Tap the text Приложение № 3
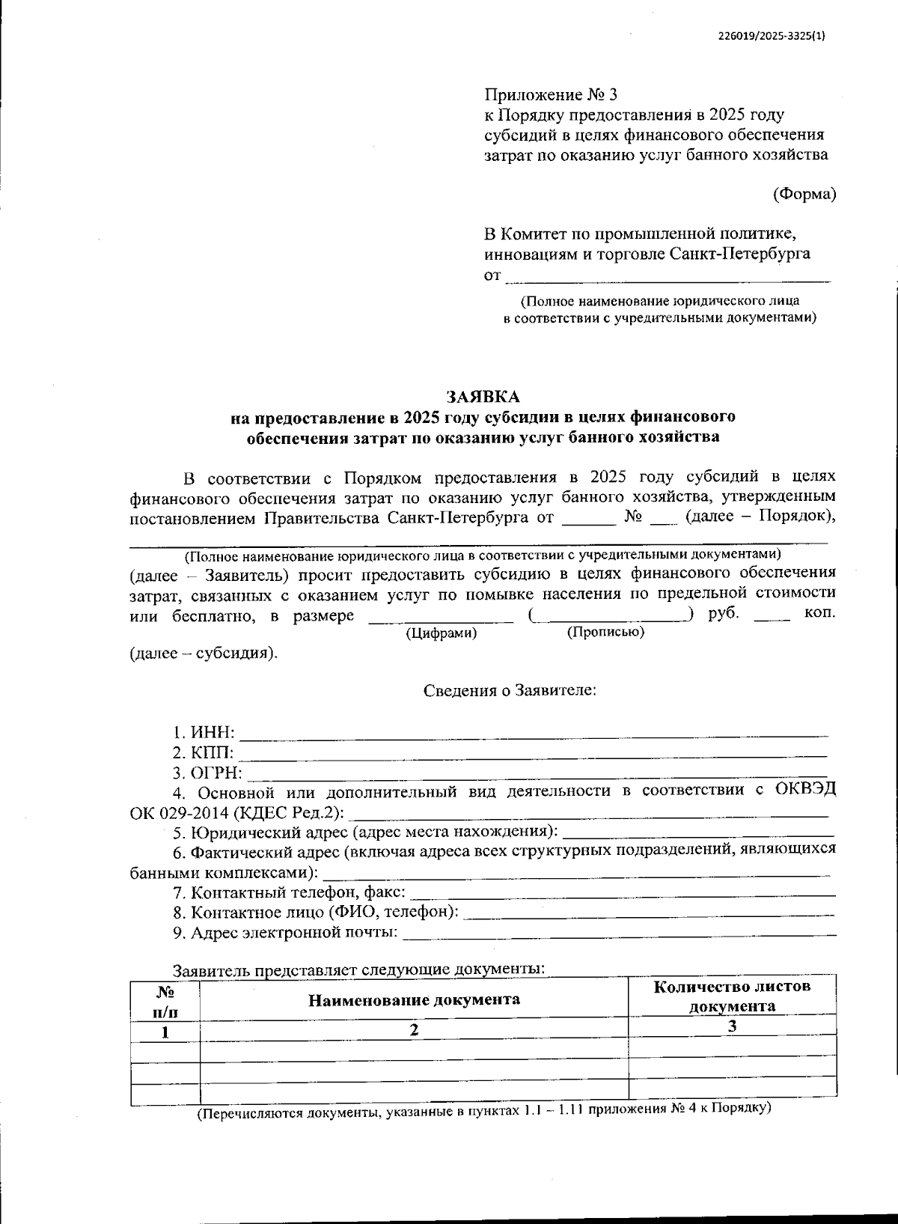(552, 95)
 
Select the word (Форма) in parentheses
(804, 194)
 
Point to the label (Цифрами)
(441, 633)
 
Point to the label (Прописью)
(605, 632)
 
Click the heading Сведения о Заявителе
(510, 690)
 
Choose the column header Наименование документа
(414, 999)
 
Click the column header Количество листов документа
(732, 996)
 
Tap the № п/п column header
(165, 1001)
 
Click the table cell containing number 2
(413, 1029)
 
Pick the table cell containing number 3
(733, 1026)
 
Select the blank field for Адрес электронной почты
(620, 933)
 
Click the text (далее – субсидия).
(204, 653)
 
